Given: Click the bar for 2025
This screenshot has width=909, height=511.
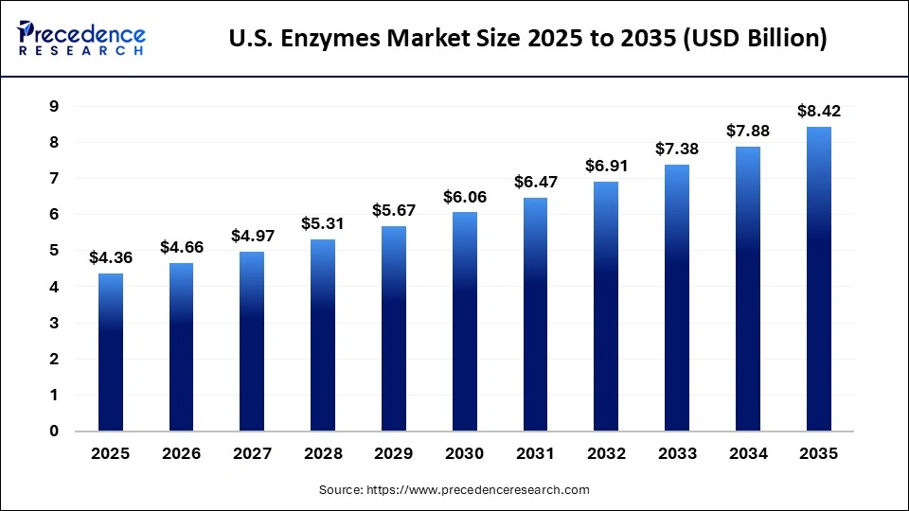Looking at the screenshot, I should click(111, 352).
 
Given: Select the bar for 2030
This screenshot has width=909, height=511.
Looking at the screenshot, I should click(465, 322).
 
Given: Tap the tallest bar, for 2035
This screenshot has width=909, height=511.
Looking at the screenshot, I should click(819, 279).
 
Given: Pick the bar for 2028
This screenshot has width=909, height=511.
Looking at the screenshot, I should click(323, 335).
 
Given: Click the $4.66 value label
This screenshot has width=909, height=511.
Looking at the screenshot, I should click(182, 247).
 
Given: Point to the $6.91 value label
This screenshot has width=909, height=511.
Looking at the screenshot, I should click(606, 166).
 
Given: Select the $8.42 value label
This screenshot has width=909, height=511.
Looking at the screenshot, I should click(819, 111).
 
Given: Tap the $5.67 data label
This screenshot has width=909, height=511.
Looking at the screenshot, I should click(394, 210).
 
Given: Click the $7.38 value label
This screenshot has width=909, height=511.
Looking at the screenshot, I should click(677, 149).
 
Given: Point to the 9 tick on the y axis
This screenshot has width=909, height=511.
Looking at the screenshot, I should click(54, 107).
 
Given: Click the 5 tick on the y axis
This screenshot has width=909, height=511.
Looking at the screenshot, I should click(54, 251).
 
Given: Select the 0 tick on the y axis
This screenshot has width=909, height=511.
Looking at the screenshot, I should click(54, 432).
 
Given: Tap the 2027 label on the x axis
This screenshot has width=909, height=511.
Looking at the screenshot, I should click(252, 454).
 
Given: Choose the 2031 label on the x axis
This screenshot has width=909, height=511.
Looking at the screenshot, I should click(536, 454).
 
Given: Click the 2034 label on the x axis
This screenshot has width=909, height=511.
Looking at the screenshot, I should click(748, 454).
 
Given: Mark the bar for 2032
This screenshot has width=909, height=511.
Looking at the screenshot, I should click(606, 307).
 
